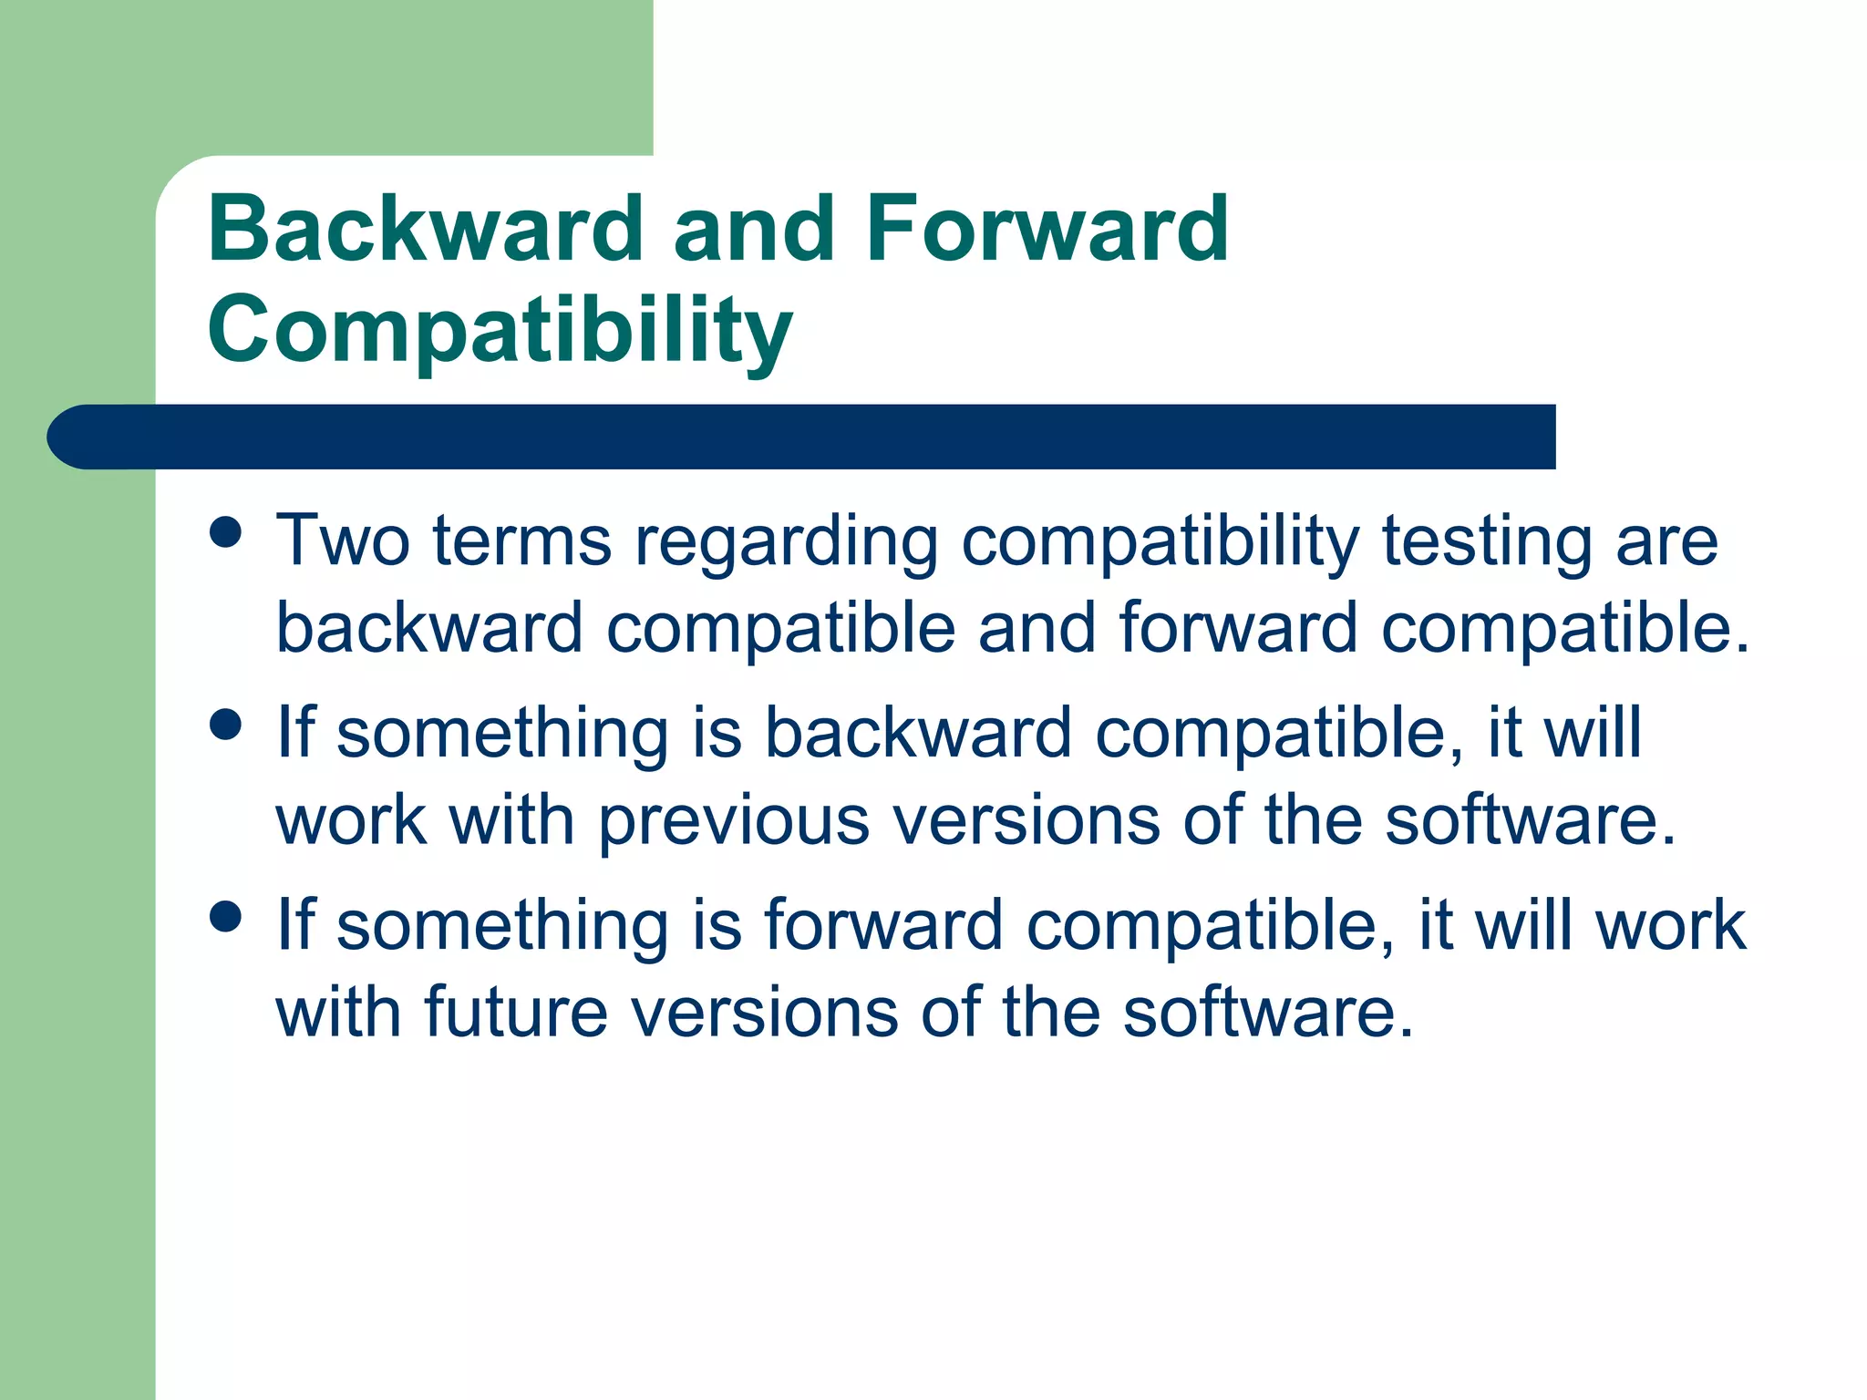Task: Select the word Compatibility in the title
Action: (x=500, y=330)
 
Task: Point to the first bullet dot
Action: (x=225, y=531)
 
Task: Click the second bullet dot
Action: (x=225, y=725)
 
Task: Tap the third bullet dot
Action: (x=225, y=916)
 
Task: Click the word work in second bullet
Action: (x=351, y=820)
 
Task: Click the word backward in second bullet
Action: (x=916, y=733)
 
